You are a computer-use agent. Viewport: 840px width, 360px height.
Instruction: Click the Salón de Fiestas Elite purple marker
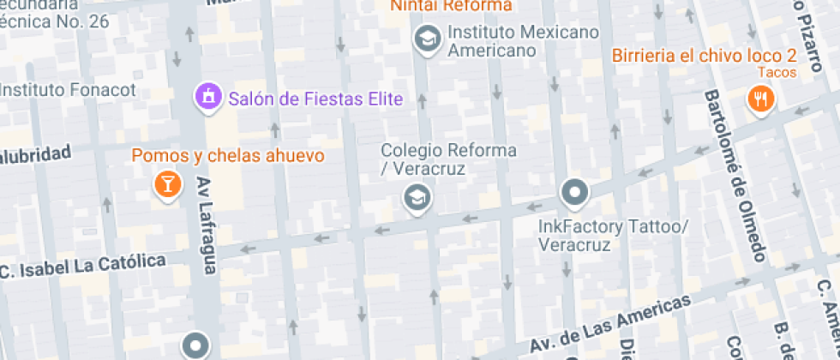[x=207, y=99]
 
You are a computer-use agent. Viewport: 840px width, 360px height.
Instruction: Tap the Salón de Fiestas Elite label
[x=315, y=99]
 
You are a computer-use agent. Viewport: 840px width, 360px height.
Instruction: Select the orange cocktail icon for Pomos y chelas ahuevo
[x=167, y=183]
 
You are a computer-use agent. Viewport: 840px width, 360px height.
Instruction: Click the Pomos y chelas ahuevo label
[x=228, y=156]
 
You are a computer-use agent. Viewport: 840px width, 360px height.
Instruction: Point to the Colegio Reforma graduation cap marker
[x=417, y=199]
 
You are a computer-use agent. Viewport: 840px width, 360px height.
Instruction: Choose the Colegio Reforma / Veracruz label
[x=449, y=159]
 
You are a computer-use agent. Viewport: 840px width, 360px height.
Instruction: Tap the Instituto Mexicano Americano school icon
[x=424, y=38]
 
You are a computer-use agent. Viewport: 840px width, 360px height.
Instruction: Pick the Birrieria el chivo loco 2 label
[x=705, y=56]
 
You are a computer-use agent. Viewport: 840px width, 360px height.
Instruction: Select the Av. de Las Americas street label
[x=609, y=325]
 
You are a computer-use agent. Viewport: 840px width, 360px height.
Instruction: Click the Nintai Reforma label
[x=451, y=6]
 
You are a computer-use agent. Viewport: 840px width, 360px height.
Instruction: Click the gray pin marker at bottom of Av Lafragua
[x=195, y=345]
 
